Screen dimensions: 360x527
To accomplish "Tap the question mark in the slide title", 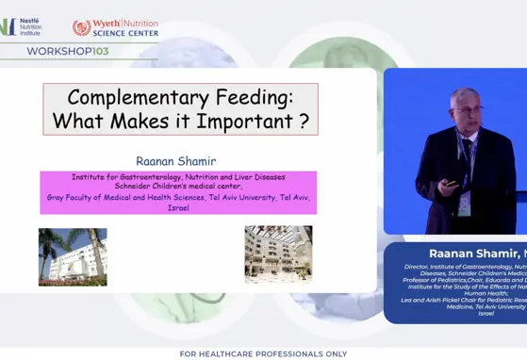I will (304, 121).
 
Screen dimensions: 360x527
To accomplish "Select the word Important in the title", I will (244, 121).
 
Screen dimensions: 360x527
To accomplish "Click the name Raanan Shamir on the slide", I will (176, 161).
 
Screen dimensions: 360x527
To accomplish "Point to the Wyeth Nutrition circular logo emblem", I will (82, 27).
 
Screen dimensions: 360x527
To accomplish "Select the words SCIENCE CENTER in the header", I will (126, 33).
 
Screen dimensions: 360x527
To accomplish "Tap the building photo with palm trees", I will (73, 256).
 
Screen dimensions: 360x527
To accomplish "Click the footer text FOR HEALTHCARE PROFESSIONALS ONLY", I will (263, 353).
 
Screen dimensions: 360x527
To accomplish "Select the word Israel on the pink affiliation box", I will (178, 207).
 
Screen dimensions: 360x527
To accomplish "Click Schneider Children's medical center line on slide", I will (178, 187).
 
